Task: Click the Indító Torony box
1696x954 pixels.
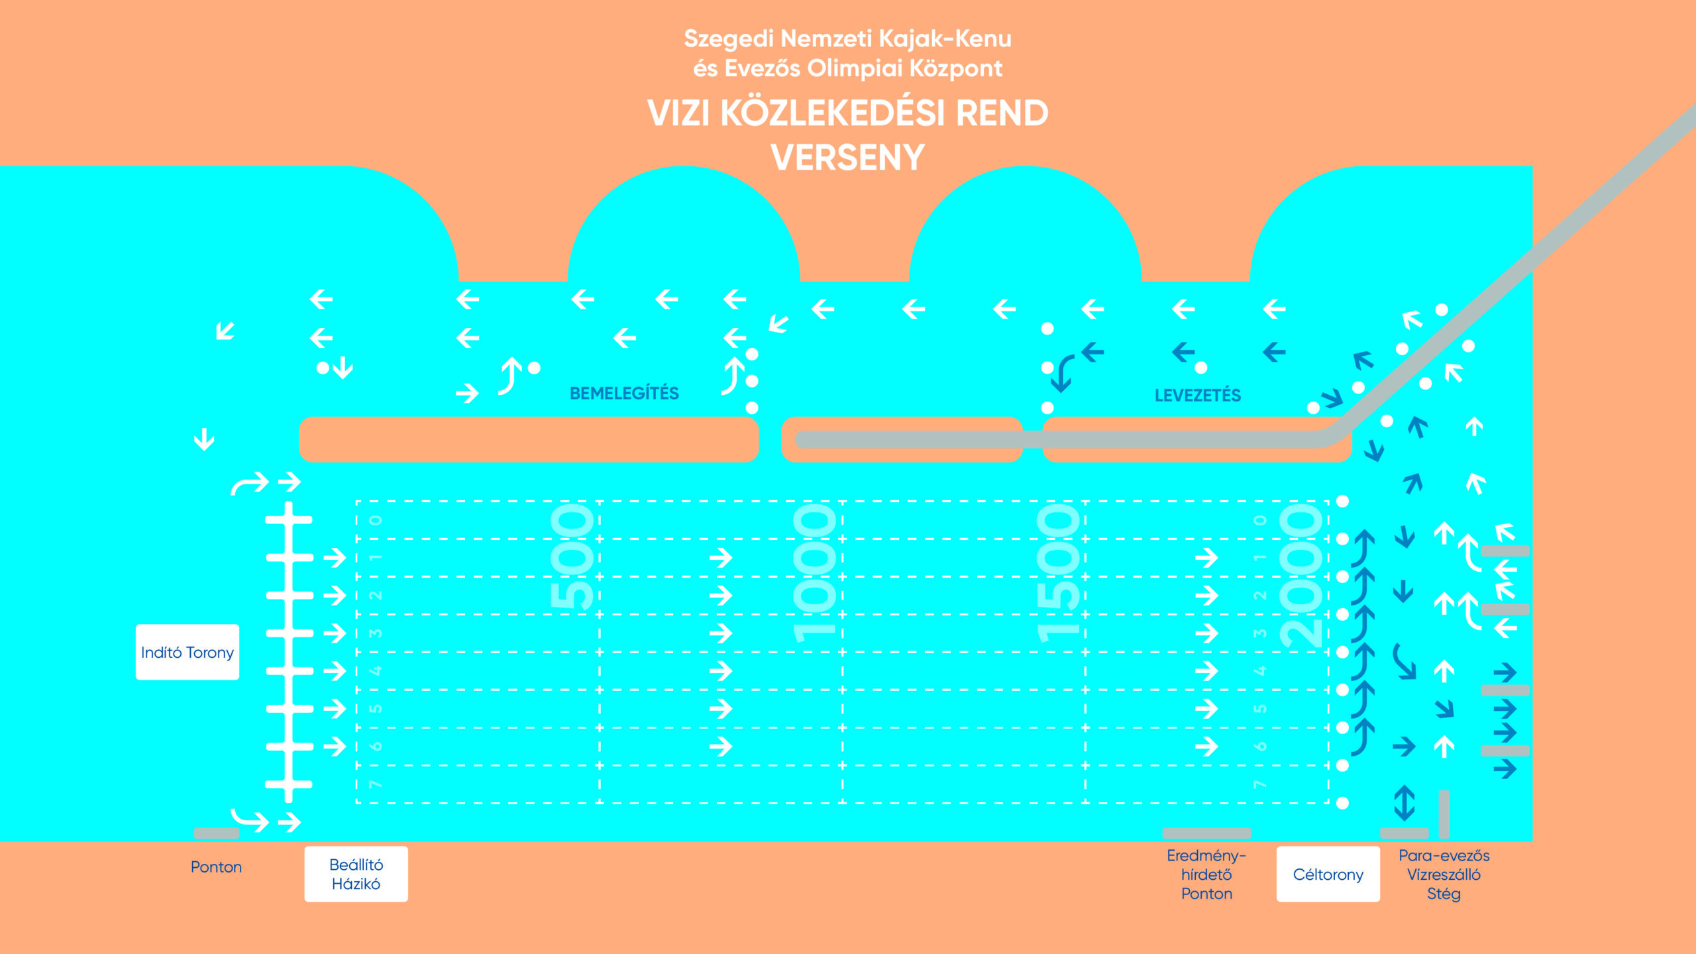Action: [187, 652]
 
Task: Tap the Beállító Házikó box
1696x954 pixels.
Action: [356, 874]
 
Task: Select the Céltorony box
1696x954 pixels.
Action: [1328, 874]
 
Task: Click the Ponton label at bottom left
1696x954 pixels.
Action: [216, 867]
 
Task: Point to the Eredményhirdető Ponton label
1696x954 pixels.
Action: [1206, 874]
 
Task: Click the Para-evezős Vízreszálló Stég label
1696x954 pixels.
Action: [1444, 874]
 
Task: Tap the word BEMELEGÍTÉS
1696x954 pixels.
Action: [624, 394]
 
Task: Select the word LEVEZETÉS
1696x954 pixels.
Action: [1197, 396]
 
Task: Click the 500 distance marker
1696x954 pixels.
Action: [573, 556]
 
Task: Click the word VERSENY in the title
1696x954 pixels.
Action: [847, 158]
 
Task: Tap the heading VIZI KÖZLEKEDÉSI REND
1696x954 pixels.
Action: [847, 113]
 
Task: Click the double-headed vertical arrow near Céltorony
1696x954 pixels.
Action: [1404, 803]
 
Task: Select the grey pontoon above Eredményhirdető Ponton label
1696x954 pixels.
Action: [1206, 833]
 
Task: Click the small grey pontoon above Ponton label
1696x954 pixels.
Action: [216, 833]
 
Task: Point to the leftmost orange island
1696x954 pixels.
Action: [529, 439]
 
